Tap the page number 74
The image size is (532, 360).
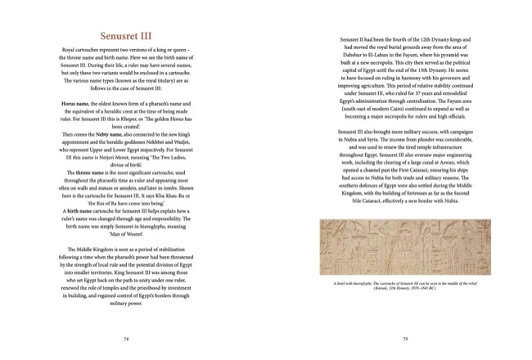(125, 336)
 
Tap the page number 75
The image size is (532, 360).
(405, 336)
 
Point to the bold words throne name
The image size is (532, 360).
(92, 173)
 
